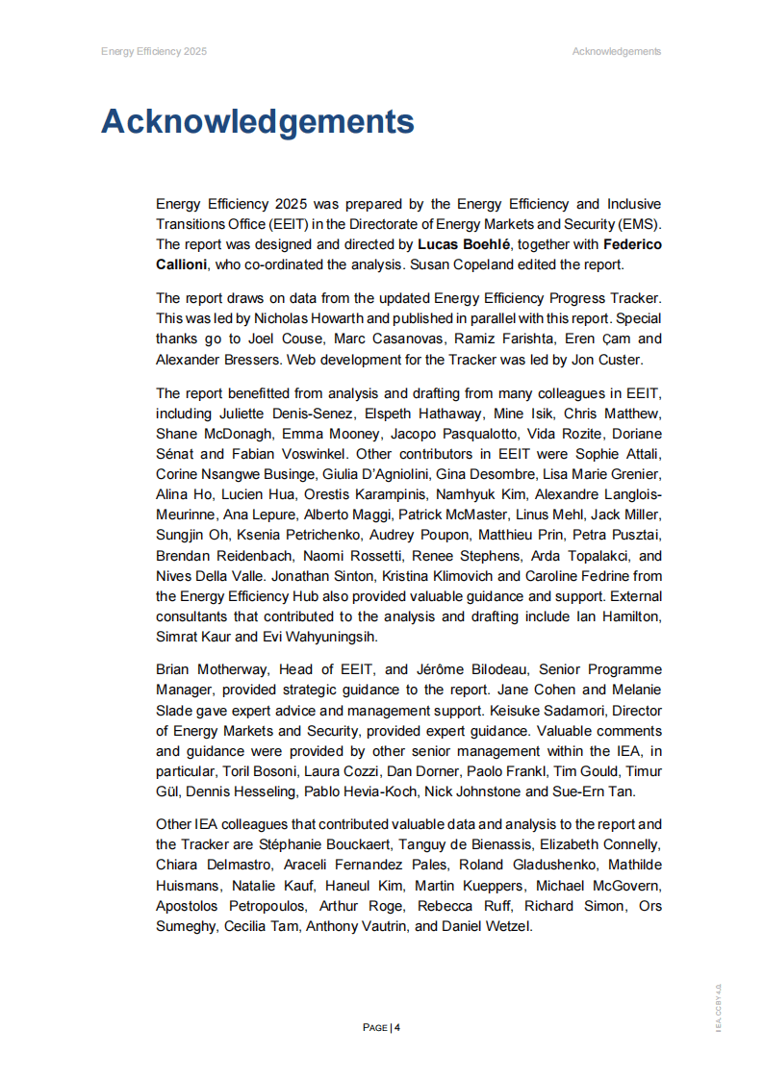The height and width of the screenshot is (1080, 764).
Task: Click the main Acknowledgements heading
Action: (257, 122)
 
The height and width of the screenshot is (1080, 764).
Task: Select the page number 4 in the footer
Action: (396, 1027)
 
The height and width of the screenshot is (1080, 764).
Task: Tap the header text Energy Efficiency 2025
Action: (154, 51)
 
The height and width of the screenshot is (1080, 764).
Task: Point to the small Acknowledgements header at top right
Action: (616, 51)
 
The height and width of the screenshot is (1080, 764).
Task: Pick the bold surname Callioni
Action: (190, 263)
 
